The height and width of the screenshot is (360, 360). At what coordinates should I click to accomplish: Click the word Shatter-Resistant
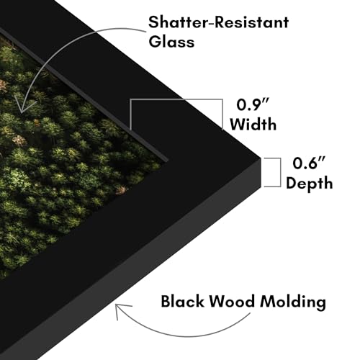click(218, 22)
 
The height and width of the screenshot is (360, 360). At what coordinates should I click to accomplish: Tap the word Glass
click(171, 41)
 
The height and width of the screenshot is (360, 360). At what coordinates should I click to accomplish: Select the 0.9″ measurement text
click(253, 104)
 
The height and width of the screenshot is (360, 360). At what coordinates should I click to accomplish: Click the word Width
click(253, 124)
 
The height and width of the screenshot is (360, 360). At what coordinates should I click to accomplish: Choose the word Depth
click(310, 184)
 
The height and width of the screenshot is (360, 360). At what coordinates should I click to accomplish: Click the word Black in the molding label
click(183, 301)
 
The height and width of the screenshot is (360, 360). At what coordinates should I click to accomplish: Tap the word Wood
click(232, 301)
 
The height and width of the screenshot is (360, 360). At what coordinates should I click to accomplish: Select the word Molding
click(293, 302)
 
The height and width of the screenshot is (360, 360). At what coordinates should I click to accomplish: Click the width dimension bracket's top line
click(176, 99)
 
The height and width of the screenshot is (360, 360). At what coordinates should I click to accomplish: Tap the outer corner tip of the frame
click(261, 158)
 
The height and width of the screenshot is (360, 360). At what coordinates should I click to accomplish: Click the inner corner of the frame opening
click(167, 160)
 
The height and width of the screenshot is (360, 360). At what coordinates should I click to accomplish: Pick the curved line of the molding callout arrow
click(182, 336)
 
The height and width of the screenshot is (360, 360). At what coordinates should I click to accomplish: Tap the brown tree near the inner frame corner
click(121, 190)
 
